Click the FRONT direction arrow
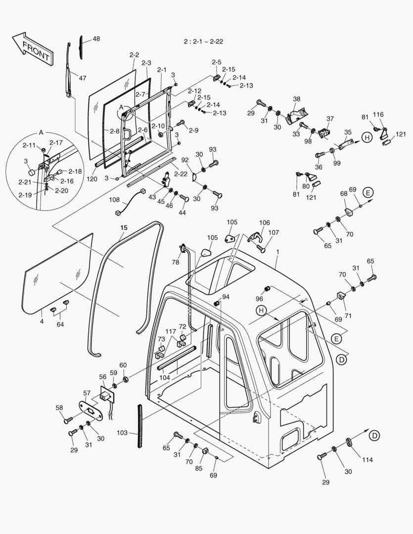pyautogui.click(x=32, y=49)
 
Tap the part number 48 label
pyautogui.click(x=95, y=39)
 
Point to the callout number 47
pyautogui.click(x=82, y=78)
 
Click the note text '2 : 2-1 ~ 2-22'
pyautogui.click(x=203, y=42)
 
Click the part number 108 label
pyautogui.click(x=114, y=200)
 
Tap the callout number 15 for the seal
pyautogui.click(x=124, y=227)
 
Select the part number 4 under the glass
pyautogui.click(x=42, y=321)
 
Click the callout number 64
pyautogui.click(x=60, y=324)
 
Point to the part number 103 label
pyautogui.click(x=122, y=433)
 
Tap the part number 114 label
pyautogui.click(x=367, y=460)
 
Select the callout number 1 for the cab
pyautogui.click(x=277, y=252)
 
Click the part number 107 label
pyautogui.click(x=274, y=232)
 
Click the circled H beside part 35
pyautogui.click(x=367, y=137)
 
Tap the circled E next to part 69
pyautogui.click(x=367, y=193)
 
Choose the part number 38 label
pyautogui.click(x=296, y=99)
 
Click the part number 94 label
pyautogui.click(x=226, y=297)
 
